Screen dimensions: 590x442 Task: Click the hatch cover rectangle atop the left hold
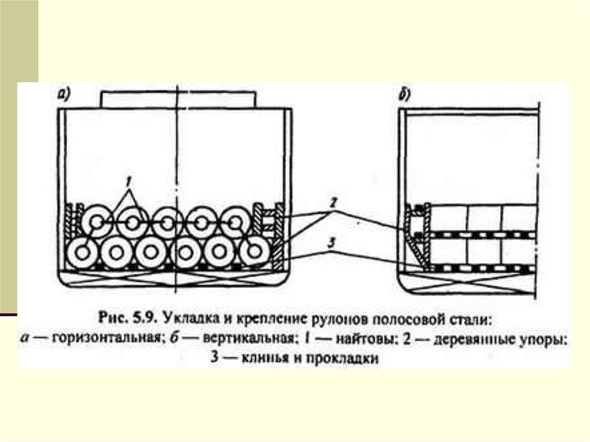coord(177,99)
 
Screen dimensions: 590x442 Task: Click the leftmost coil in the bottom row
coord(82,253)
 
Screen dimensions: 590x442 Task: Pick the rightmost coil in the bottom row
coord(254,252)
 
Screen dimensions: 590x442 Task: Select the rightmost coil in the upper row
coord(235,222)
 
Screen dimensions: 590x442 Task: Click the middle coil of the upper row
coord(167,222)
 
